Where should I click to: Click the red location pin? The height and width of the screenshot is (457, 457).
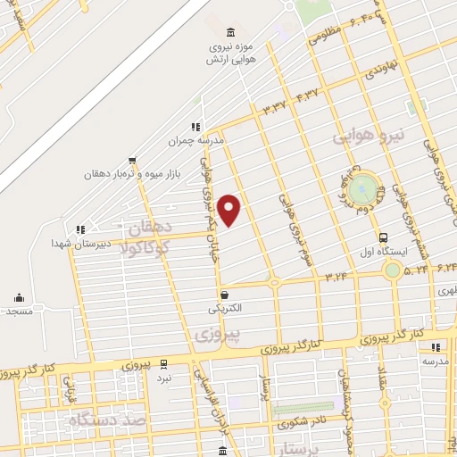pos(230,211)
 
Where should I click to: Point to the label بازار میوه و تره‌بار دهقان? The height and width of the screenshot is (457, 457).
pos(133,174)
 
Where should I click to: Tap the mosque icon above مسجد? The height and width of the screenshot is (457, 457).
pos(20,298)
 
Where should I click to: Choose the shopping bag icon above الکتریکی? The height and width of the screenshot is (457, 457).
pos(224,294)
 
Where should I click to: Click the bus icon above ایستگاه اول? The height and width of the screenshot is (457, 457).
pos(383,237)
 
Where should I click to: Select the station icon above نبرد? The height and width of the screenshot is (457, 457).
pos(163,363)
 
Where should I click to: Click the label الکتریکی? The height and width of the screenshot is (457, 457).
pos(224,308)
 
